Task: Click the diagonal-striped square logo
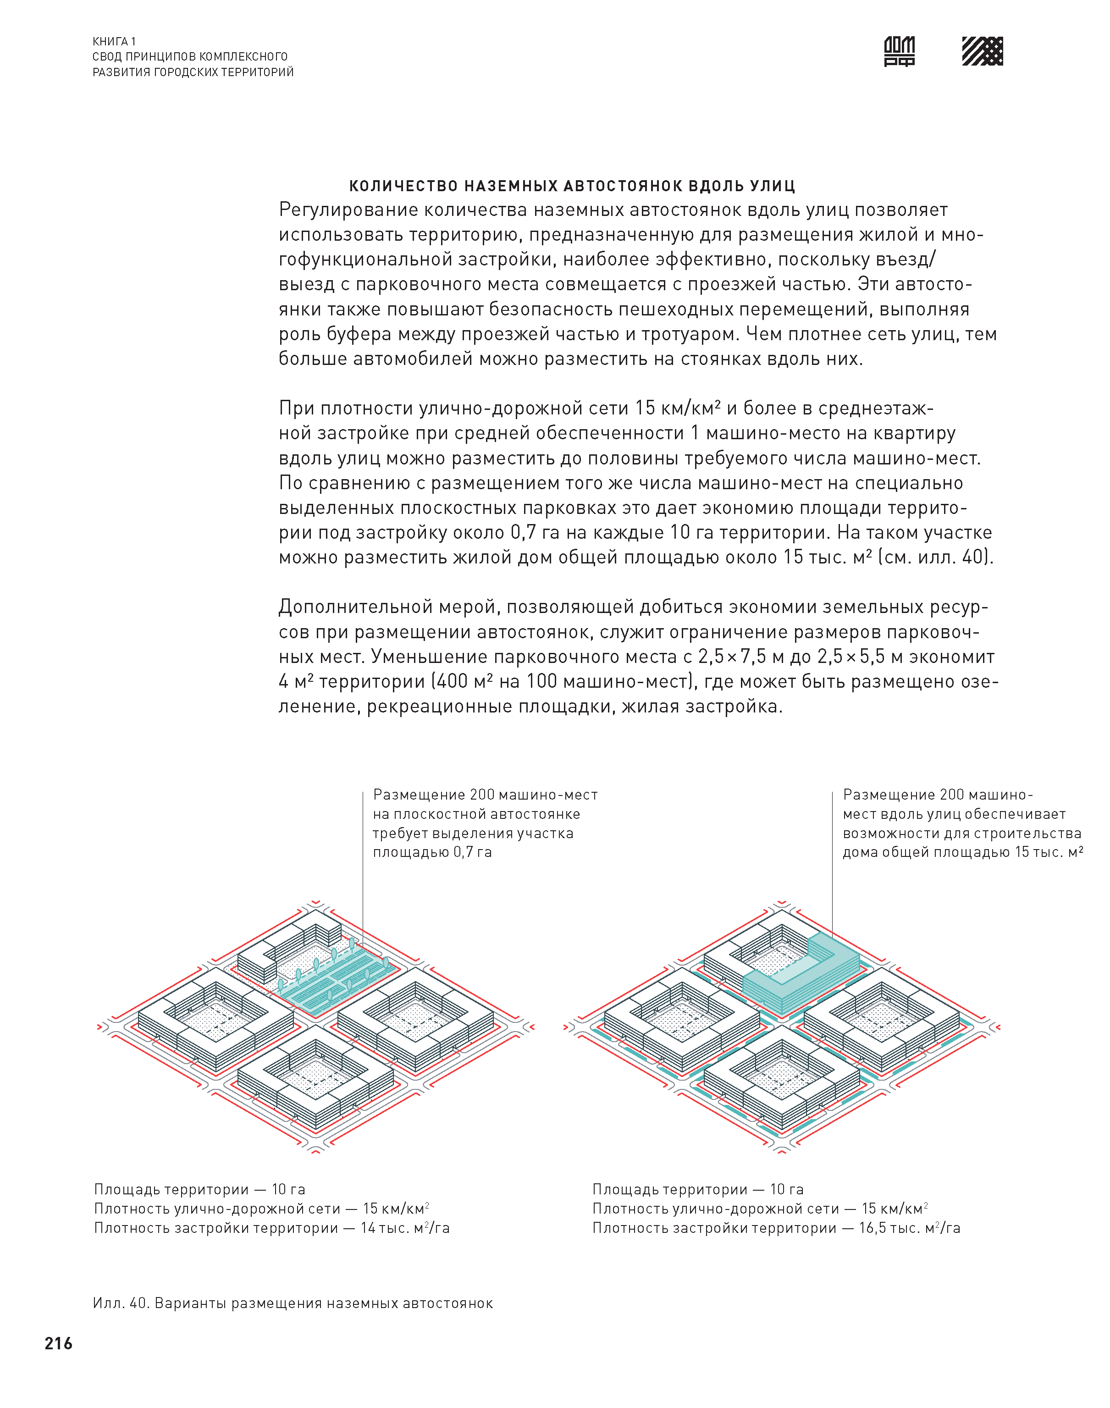coord(982,51)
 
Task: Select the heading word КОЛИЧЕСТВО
coord(404,187)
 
